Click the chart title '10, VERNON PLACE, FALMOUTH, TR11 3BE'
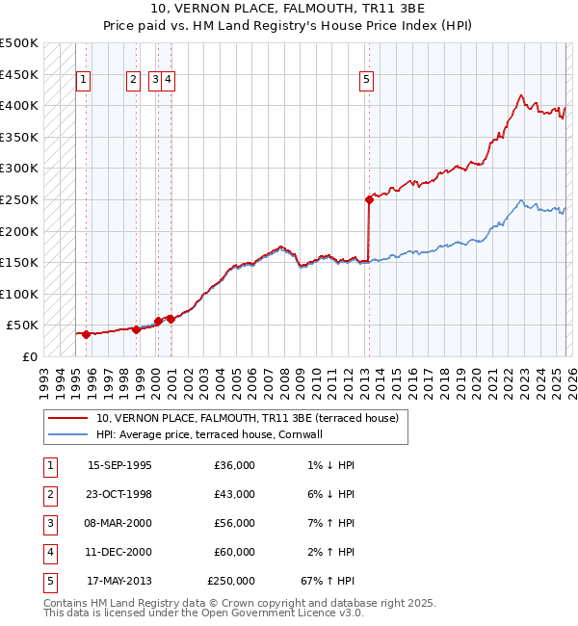tap(289, 9)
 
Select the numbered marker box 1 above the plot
tap(84, 81)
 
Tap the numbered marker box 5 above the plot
tap(367, 81)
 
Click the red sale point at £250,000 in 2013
tap(369, 200)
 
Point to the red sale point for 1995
tap(86, 334)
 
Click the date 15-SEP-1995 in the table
tap(119, 465)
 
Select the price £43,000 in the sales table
tap(235, 494)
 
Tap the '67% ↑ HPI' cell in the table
tap(328, 581)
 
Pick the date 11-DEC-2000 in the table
tap(119, 552)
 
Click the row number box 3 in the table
tap(49, 523)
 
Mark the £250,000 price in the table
tap(231, 581)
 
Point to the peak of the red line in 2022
tap(521, 95)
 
